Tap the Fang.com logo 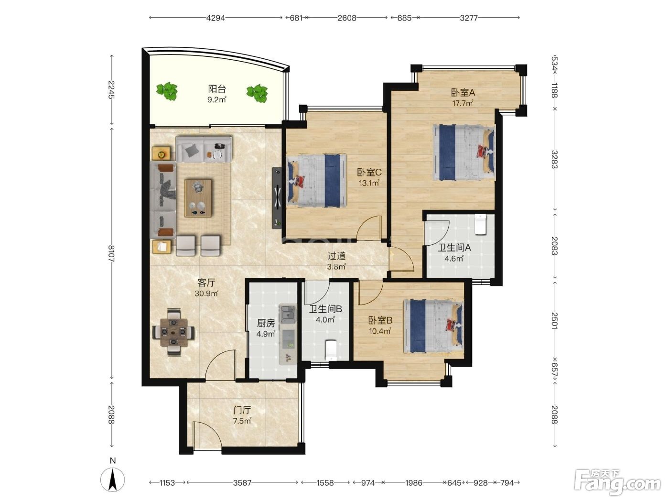coord(617,482)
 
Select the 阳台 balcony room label coord(217,89)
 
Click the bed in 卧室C coord(317,180)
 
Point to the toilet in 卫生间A coord(481,224)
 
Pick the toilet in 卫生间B coord(331,350)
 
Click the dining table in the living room coord(174,332)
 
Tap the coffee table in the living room coord(198,198)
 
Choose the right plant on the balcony coord(257,93)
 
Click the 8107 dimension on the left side coord(111,253)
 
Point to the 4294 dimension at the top coord(216,18)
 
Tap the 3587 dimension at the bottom coord(242,483)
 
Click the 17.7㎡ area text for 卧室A coord(463,103)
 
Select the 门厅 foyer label coord(242,410)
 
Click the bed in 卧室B coord(433,326)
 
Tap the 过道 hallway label coord(336,256)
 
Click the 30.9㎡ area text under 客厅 coord(206,294)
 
